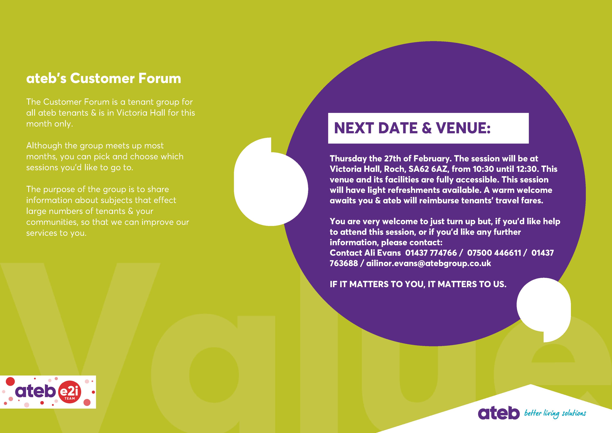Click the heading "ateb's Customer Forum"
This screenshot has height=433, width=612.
[x=103, y=78]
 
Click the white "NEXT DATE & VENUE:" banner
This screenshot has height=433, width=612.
[x=428, y=128]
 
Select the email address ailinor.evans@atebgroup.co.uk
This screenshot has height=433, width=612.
[x=429, y=263]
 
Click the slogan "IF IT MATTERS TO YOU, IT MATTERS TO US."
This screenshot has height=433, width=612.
[x=418, y=284]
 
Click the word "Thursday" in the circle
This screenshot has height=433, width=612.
[x=348, y=159]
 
